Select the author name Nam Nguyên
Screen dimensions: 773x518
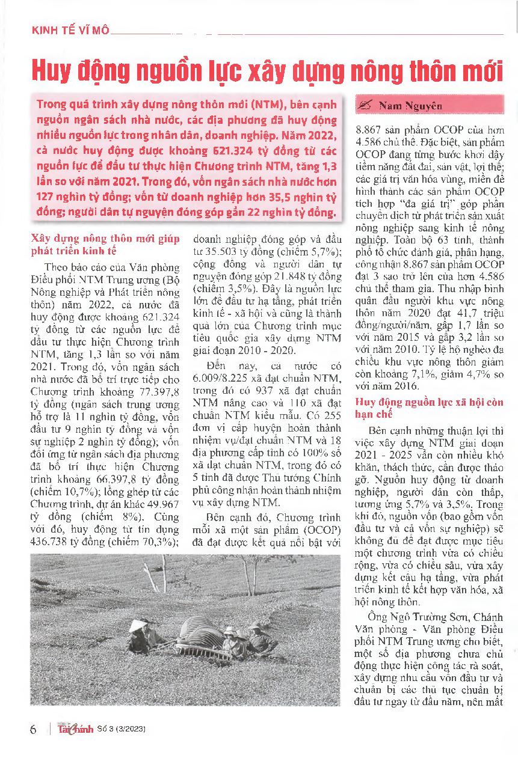[410, 106]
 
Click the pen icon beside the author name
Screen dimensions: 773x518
[365, 106]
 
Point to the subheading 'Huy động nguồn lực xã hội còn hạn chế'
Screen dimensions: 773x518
[429, 408]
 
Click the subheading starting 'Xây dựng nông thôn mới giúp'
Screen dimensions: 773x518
[105, 244]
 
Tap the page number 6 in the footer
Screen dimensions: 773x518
[33, 730]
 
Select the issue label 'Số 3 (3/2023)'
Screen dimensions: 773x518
[121, 730]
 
